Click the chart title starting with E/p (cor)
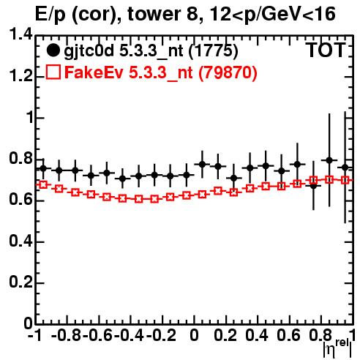[x=185, y=14]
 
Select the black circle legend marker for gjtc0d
[x=53, y=50]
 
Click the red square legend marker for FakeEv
[x=53, y=72]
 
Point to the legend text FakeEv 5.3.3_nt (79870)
[x=161, y=72]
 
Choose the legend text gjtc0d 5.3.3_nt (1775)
[x=151, y=51]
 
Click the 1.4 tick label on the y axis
[x=20, y=34]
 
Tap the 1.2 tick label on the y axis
[x=20, y=76]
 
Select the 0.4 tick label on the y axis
[x=20, y=241]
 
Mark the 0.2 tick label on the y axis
[x=20, y=282]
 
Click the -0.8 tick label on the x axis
[x=67, y=336]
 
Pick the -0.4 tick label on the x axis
[x=130, y=336]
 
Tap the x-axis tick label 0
[x=194, y=336]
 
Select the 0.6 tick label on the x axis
[x=288, y=336]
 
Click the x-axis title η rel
[x=337, y=348]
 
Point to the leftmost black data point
[x=43, y=168]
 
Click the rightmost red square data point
[x=345, y=180]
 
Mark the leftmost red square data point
[x=43, y=184]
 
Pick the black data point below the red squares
[x=313, y=186]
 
